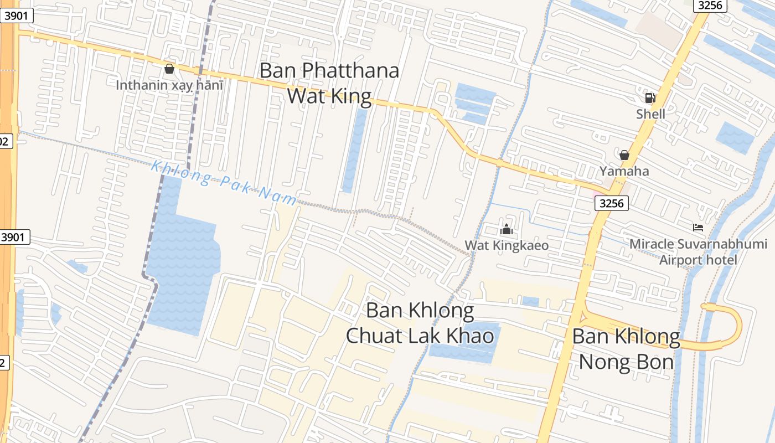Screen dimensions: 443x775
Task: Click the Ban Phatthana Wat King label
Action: pos(329,83)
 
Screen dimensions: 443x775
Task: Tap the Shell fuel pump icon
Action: pos(650,99)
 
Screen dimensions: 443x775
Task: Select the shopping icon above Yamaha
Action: pos(624,155)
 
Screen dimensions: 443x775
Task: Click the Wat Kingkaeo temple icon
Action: pos(507,229)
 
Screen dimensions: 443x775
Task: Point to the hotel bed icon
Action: pos(698,227)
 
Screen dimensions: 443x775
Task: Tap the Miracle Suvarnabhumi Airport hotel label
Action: pos(699,252)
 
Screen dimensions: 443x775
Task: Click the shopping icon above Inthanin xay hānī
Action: pos(169,69)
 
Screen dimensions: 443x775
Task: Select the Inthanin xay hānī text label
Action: pos(169,85)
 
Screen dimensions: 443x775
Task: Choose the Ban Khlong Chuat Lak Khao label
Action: pos(420,323)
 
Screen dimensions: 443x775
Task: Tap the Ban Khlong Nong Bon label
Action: pos(626,349)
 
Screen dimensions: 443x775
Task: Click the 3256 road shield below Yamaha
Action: pos(612,203)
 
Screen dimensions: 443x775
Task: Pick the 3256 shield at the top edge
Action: pos(711,5)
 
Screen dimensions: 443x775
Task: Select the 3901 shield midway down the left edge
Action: pos(13,238)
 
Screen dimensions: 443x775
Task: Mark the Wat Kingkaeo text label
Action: pos(507,245)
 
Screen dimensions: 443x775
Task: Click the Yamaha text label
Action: pos(624,171)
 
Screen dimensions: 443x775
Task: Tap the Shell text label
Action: pos(650,114)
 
